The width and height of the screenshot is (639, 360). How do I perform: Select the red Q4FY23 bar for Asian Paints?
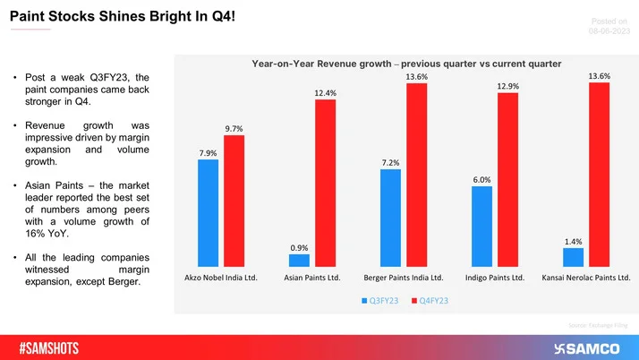[325, 183]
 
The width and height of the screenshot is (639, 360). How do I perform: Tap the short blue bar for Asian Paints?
[299, 261]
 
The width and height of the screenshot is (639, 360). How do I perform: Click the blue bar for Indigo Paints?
[481, 226]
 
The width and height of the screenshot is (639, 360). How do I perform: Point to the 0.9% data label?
[299, 247]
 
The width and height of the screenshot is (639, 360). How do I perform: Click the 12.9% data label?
[507, 86]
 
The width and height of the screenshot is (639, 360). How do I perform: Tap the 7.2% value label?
[390, 162]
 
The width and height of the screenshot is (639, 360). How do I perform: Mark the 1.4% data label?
[573, 241]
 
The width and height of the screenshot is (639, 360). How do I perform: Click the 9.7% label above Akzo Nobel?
[234, 129]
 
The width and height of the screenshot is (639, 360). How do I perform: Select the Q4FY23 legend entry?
[430, 300]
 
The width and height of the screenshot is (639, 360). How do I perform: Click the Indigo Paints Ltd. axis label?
[494, 279]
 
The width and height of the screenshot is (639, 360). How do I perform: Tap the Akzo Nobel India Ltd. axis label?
[221, 279]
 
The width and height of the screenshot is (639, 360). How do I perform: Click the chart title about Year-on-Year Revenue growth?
[406, 64]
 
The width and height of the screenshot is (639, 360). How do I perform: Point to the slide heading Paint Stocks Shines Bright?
[123, 15]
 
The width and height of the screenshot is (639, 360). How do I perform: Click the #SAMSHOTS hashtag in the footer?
[55, 347]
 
